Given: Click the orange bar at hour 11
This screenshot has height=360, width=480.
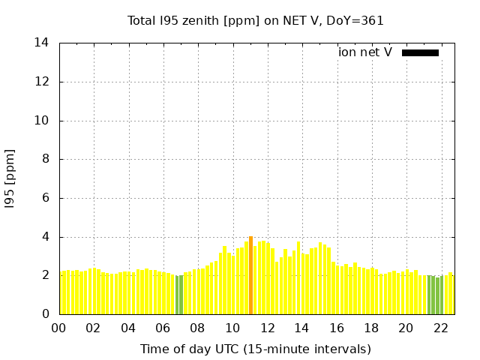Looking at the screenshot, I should (x=250, y=275).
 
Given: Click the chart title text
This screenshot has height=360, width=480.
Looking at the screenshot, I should (x=255, y=21).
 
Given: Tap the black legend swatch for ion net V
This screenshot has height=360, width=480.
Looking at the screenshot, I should (x=420, y=52).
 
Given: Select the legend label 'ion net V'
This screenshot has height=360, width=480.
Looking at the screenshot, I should (x=365, y=52).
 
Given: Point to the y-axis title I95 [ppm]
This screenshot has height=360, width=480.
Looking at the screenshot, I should (x=10, y=178).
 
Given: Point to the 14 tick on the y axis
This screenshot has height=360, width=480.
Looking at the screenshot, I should (x=41, y=43).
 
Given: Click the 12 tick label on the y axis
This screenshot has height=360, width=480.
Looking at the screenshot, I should (x=41, y=82).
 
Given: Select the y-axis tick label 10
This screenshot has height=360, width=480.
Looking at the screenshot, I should (x=41, y=121).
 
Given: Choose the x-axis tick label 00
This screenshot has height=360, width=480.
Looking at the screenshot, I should (x=58, y=328).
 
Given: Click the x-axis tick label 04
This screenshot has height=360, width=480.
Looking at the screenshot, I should (x=128, y=328).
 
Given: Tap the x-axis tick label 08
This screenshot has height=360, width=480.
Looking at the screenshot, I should (x=197, y=328).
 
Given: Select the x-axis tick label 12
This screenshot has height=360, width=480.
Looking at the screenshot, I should (x=267, y=328).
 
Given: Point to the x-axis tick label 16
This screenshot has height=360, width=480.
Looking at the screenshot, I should (x=337, y=328).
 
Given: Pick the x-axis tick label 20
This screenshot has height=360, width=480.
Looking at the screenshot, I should (x=406, y=328).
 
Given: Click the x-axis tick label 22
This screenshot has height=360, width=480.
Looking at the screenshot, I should (x=440, y=328).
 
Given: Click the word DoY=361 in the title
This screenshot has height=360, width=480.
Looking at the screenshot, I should (x=355, y=21).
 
